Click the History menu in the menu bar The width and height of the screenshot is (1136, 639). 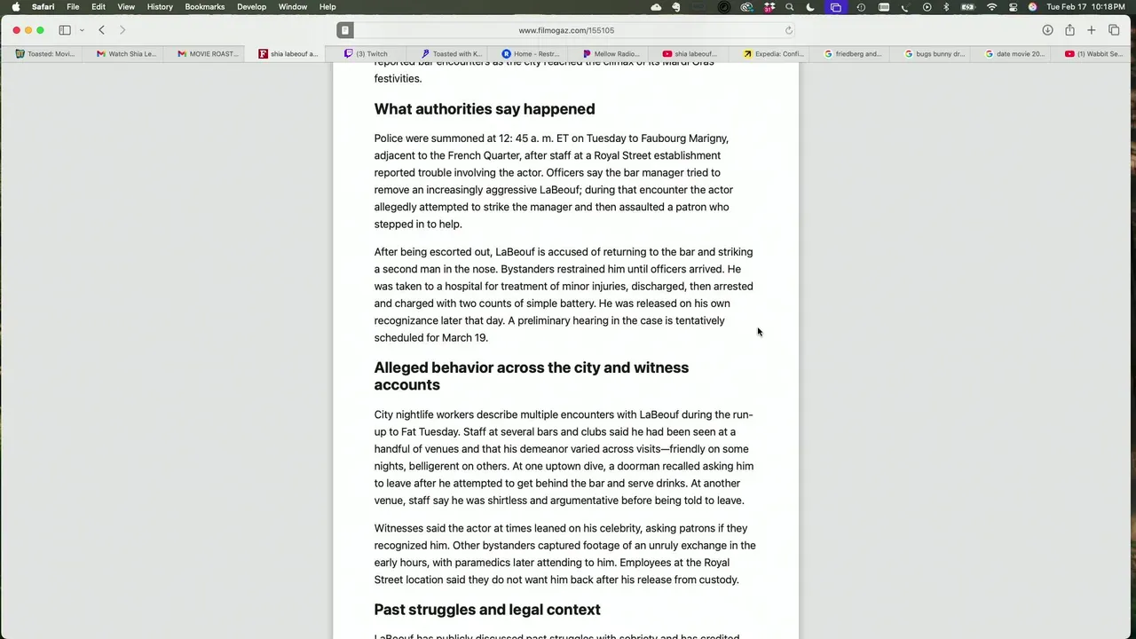coord(160,7)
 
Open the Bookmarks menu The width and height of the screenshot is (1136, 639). coord(204,7)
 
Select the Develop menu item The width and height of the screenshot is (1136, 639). coord(251,7)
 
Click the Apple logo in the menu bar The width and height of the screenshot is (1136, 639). coord(16,7)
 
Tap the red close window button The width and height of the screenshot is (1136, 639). coord(16,30)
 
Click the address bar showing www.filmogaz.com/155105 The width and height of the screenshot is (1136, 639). coord(565,30)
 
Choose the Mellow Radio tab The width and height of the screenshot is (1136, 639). coord(611,54)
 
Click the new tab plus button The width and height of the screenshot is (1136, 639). coord(1092,30)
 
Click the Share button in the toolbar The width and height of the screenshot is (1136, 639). coord(1069,30)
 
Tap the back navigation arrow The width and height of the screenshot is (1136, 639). coord(101,30)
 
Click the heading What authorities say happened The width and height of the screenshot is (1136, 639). coord(484,109)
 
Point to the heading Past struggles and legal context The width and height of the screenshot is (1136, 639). coord(486,610)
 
